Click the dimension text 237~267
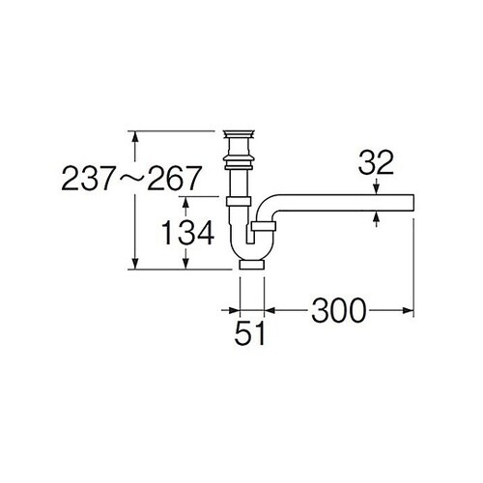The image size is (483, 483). [132, 178]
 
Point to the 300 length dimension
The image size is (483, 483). [338, 310]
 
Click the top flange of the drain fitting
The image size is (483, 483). [238, 130]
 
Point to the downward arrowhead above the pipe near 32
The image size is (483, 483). [376, 190]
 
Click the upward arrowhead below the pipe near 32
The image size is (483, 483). [376, 218]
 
